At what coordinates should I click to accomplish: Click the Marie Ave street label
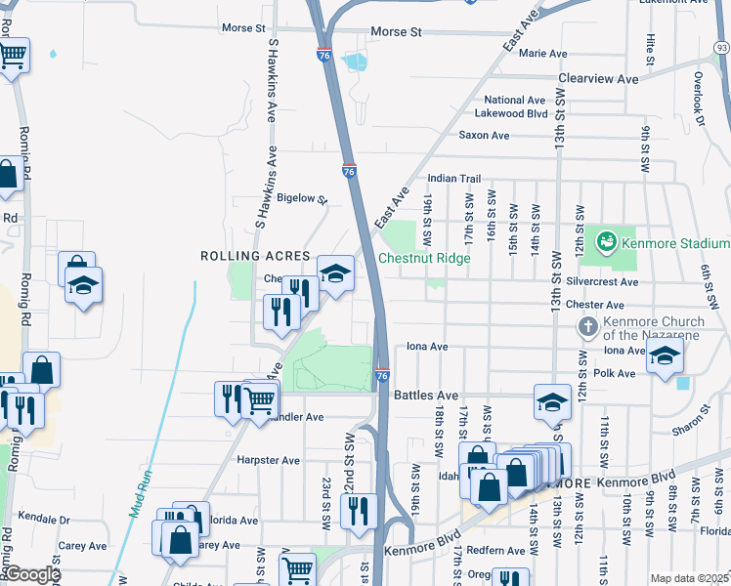click(543, 53)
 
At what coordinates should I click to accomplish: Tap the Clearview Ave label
click(598, 78)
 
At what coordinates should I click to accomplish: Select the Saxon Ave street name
click(485, 136)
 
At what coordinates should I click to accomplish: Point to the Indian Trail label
click(454, 179)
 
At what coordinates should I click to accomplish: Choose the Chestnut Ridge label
click(424, 259)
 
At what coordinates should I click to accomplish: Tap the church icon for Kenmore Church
click(588, 326)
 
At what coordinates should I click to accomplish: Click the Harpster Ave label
click(268, 460)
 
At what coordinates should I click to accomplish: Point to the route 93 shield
click(721, 47)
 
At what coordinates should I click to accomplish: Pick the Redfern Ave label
click(495, 551)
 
